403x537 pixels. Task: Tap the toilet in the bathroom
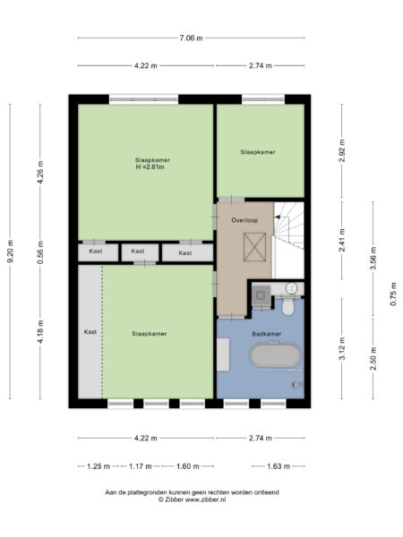(287, 307)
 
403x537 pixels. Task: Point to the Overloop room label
(244, 219)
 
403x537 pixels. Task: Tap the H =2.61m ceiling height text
(152, 167)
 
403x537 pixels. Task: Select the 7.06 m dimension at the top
(191, 38)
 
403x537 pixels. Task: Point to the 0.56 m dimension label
(39, 252)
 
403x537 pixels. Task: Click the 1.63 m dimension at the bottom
(279, 465)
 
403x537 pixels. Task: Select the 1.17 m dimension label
(140, 465)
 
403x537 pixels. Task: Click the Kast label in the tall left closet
(90, 332)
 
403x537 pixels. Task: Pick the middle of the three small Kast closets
(137, 252)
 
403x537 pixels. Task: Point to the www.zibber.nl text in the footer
(205, 499)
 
